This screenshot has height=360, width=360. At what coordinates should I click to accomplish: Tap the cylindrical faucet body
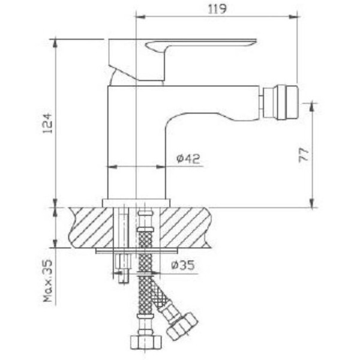pos(136,144)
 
